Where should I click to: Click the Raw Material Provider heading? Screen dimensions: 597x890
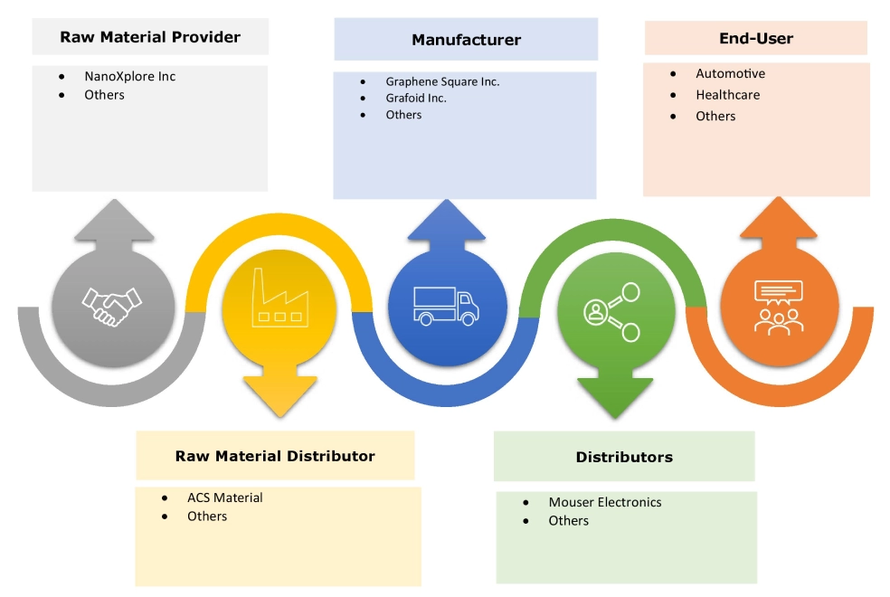(x=150, y=37)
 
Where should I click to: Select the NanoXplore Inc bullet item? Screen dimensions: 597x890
(x=129, y=76)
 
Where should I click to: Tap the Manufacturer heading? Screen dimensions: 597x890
(x=466, y=40)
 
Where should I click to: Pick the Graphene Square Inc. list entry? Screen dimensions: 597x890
(x=442, y=81)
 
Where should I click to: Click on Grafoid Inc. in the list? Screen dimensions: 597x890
(x=416, y=98)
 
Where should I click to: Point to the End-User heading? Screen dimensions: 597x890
(x=755, y=38)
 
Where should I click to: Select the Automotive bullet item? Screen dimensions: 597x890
(x=730, y=73)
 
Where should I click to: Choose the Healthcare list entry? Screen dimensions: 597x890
(x=727, y=94)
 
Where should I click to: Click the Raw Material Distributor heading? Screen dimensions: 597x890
(x=275, y=456)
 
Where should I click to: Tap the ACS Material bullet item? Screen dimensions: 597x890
(x=225, y=497)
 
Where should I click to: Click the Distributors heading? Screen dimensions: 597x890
(x=624, y=457)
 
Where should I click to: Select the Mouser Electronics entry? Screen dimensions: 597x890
(x=605, y=502)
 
